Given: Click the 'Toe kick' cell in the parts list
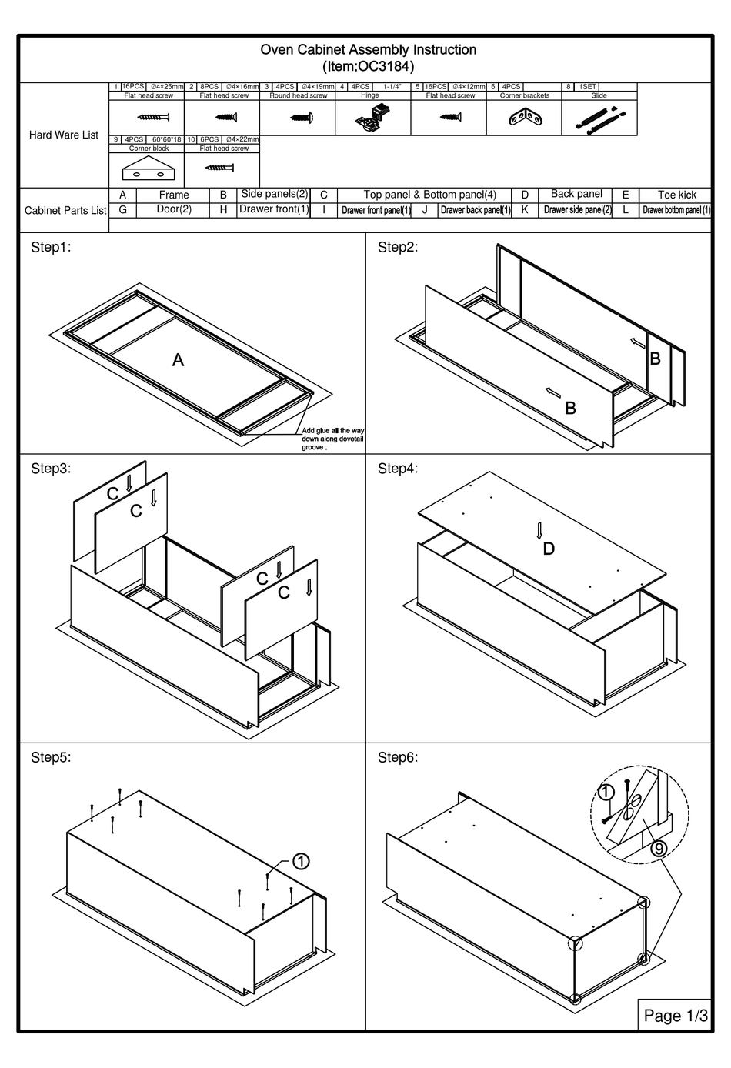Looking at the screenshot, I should (676, 195).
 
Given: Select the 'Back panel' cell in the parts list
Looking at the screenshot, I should (576, 194).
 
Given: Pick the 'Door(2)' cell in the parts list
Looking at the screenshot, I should (174, 209).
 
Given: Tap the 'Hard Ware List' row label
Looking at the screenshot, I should (64, 135).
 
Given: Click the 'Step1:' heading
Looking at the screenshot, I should (51, 247).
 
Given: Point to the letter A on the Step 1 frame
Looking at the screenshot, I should (178, 360).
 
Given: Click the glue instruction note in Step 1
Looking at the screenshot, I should (332, 439).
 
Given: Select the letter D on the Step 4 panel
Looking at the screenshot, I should (549, 549).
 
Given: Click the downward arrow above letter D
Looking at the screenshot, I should (539, 530).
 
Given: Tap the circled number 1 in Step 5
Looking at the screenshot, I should (301, 861).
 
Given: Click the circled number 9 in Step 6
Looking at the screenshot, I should (659, 849).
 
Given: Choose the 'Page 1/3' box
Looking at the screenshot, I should (675, 1016).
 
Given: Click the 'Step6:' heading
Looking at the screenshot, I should (398, 757).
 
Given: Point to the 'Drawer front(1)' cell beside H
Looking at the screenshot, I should (274, 209).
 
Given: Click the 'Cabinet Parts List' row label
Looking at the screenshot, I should (65, 210).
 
